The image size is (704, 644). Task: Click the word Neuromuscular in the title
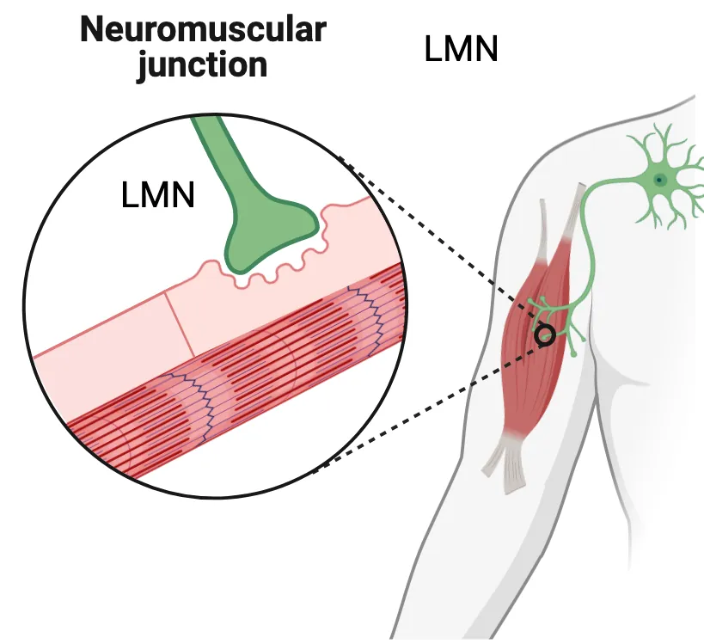[203, 30]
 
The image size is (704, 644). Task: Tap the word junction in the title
[203, 64]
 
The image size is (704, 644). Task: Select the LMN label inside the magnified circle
[158, 196]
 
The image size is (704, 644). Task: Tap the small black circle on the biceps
[544, 336]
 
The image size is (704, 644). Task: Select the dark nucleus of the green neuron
[659, 180]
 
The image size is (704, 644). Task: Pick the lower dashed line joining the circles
[430, 404]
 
